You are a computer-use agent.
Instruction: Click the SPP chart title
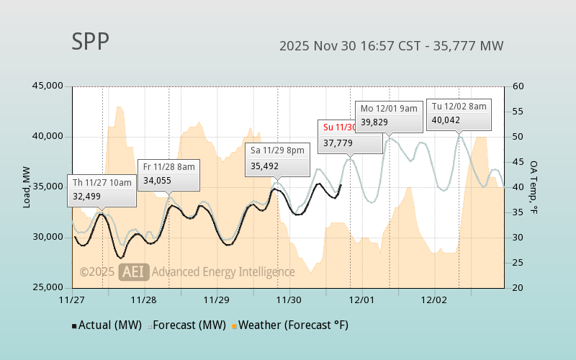[91, 42]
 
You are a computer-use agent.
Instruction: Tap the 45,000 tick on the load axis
[48, 86]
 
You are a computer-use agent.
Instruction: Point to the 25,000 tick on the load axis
[48, 288]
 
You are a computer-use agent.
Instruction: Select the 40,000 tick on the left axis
[48, 137]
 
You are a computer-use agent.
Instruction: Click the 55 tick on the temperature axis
[518, 112]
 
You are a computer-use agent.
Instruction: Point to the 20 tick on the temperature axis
[518, 288]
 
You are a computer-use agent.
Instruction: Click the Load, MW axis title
[27, 187]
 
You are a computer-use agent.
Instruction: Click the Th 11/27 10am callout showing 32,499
[102, 189]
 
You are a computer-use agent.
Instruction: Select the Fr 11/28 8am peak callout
[168, 174]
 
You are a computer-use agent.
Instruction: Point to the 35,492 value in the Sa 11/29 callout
[265, 166]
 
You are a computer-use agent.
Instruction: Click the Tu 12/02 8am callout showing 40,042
[459, 113]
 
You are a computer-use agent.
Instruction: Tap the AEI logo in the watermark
[133, 271]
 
